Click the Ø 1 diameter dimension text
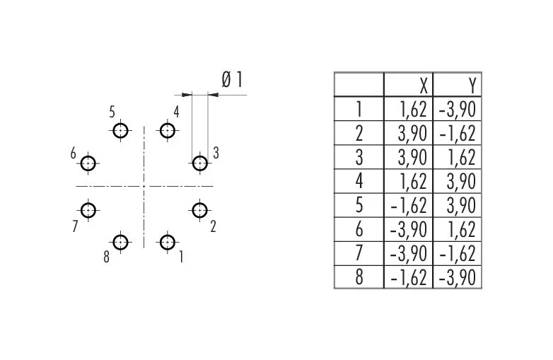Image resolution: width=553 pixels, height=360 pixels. pos(233,80)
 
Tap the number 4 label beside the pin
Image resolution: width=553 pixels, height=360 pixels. pos(176,112)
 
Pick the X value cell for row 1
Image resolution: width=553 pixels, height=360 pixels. pos(408,109)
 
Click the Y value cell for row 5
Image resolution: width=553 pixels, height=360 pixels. pos(457,205)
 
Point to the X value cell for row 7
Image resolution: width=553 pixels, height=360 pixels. pos(408,253)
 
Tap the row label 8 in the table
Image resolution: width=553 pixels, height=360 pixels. pos(359,277)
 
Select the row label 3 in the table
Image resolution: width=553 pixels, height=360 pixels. pos(359,157)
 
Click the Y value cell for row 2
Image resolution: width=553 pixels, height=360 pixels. pos(457,133)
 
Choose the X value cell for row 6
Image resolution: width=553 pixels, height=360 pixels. pos(408,230)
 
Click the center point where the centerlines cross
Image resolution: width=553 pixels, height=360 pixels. pos(144,186)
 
